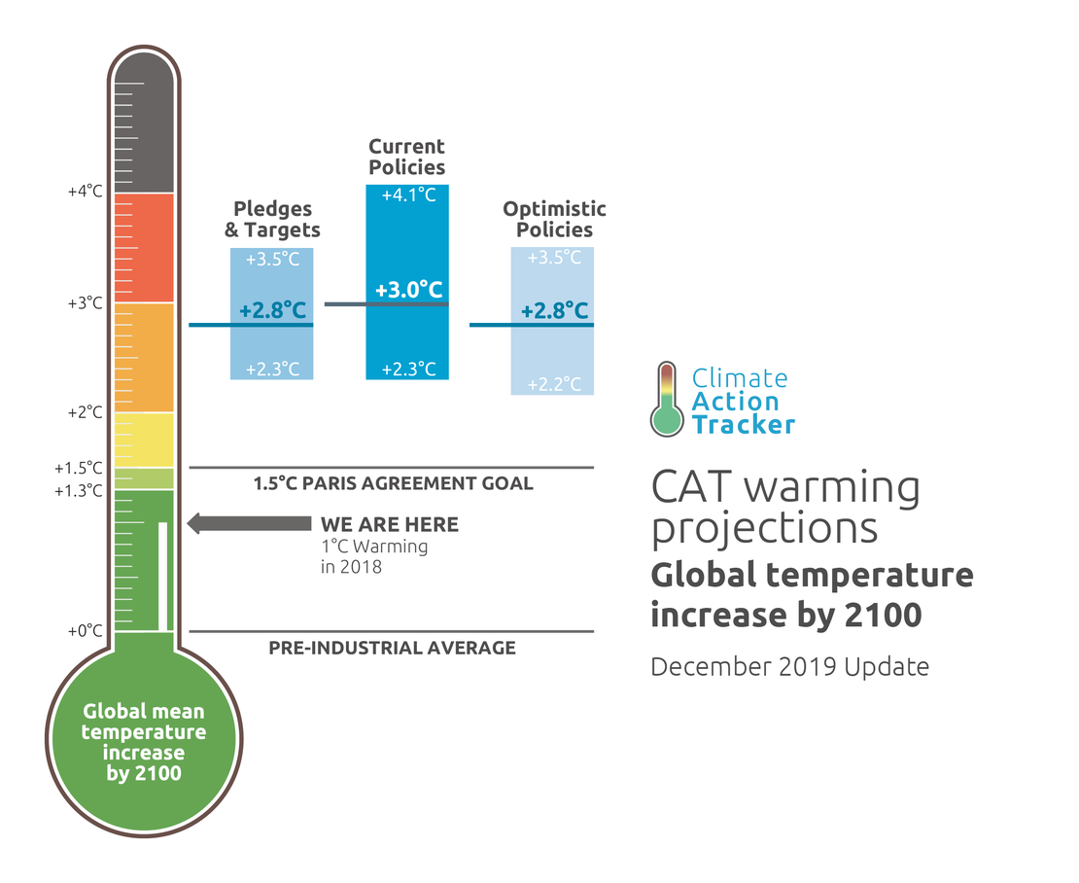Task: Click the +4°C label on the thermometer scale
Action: click(x=85, y=192)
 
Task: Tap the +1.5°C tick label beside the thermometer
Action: click(x=79, y=468)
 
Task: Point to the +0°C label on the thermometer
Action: click(x=85, y=631)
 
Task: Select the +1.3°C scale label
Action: click(x=79, y=490)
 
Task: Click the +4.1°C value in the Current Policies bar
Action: click(x=407, y=195)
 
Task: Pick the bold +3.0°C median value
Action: click(x=408, y=290)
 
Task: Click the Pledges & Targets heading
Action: click(x=272, y=220)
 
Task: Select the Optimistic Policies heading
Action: click(x=554, y=220)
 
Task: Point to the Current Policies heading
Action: click(x=406, y=157)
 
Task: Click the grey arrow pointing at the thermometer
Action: click(x=248, y=524)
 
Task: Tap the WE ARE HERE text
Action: click(x=390, y=525)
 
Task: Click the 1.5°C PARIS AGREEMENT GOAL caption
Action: click(x=393, y=483)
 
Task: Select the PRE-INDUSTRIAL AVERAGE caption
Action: click(x=392, y=648)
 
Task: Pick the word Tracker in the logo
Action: click(x=743, y=424)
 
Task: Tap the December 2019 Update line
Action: click(x=789, y=667)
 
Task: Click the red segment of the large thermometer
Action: click(x=144, y=248)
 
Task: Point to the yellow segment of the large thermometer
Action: click(x=144, y=440)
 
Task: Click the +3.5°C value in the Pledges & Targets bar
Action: click(x=271, y=260)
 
